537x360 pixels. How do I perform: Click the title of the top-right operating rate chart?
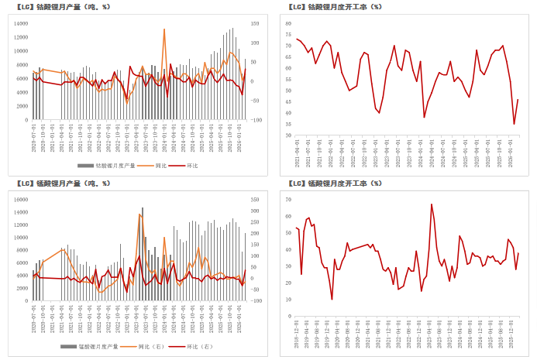(x=334, y=6)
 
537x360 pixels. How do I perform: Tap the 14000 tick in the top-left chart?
(x=21, y=24)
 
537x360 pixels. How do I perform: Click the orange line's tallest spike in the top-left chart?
(x=164, y=29)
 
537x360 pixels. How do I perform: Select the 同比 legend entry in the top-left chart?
(x=160, y=166)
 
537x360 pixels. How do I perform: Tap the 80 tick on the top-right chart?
(x=288, y=24)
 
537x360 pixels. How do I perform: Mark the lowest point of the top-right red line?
(x=514, y=124)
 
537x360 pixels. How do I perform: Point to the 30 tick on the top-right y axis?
(x=288, y=135)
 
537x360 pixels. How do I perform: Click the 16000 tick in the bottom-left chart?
(x=21, y=200)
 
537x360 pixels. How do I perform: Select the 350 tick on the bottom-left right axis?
(x=256, y=200)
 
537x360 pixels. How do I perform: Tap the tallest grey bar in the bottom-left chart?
(x=142, y=207)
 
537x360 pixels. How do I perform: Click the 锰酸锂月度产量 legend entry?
(x=97, y=347)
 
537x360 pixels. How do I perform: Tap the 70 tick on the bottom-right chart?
(x=288, y=200)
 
